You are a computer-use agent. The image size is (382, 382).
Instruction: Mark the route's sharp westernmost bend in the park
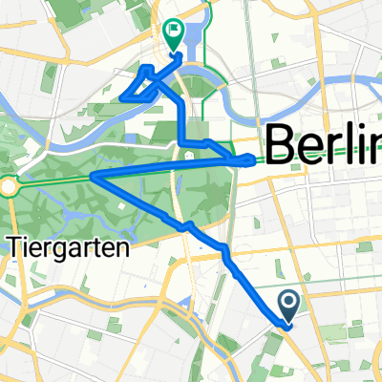pos(93,176)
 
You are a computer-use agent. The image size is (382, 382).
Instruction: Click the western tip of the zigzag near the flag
pos(125,96)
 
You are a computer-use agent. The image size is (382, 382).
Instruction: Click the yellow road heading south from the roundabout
pos(11,215)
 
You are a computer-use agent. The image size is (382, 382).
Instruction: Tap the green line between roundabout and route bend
pos(53,181)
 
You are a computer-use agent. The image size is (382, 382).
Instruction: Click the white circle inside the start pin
pos(291,302)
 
